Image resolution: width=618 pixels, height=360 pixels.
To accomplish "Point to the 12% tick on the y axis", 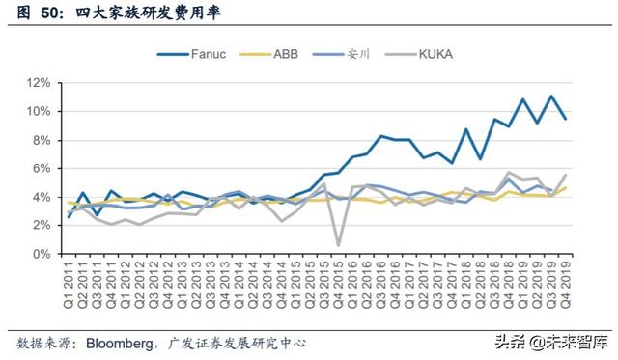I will tap(39, 83).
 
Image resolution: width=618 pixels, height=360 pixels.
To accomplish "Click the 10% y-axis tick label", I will tap(39, 112).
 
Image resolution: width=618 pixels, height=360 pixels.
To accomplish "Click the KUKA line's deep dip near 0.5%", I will tap(338, 245).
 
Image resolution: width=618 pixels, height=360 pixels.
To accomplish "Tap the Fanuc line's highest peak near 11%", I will tap(551, 97).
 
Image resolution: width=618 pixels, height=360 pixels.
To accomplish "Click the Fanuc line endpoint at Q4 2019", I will tap(565, 118).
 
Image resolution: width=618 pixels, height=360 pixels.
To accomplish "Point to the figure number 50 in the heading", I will tap(44, 13).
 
